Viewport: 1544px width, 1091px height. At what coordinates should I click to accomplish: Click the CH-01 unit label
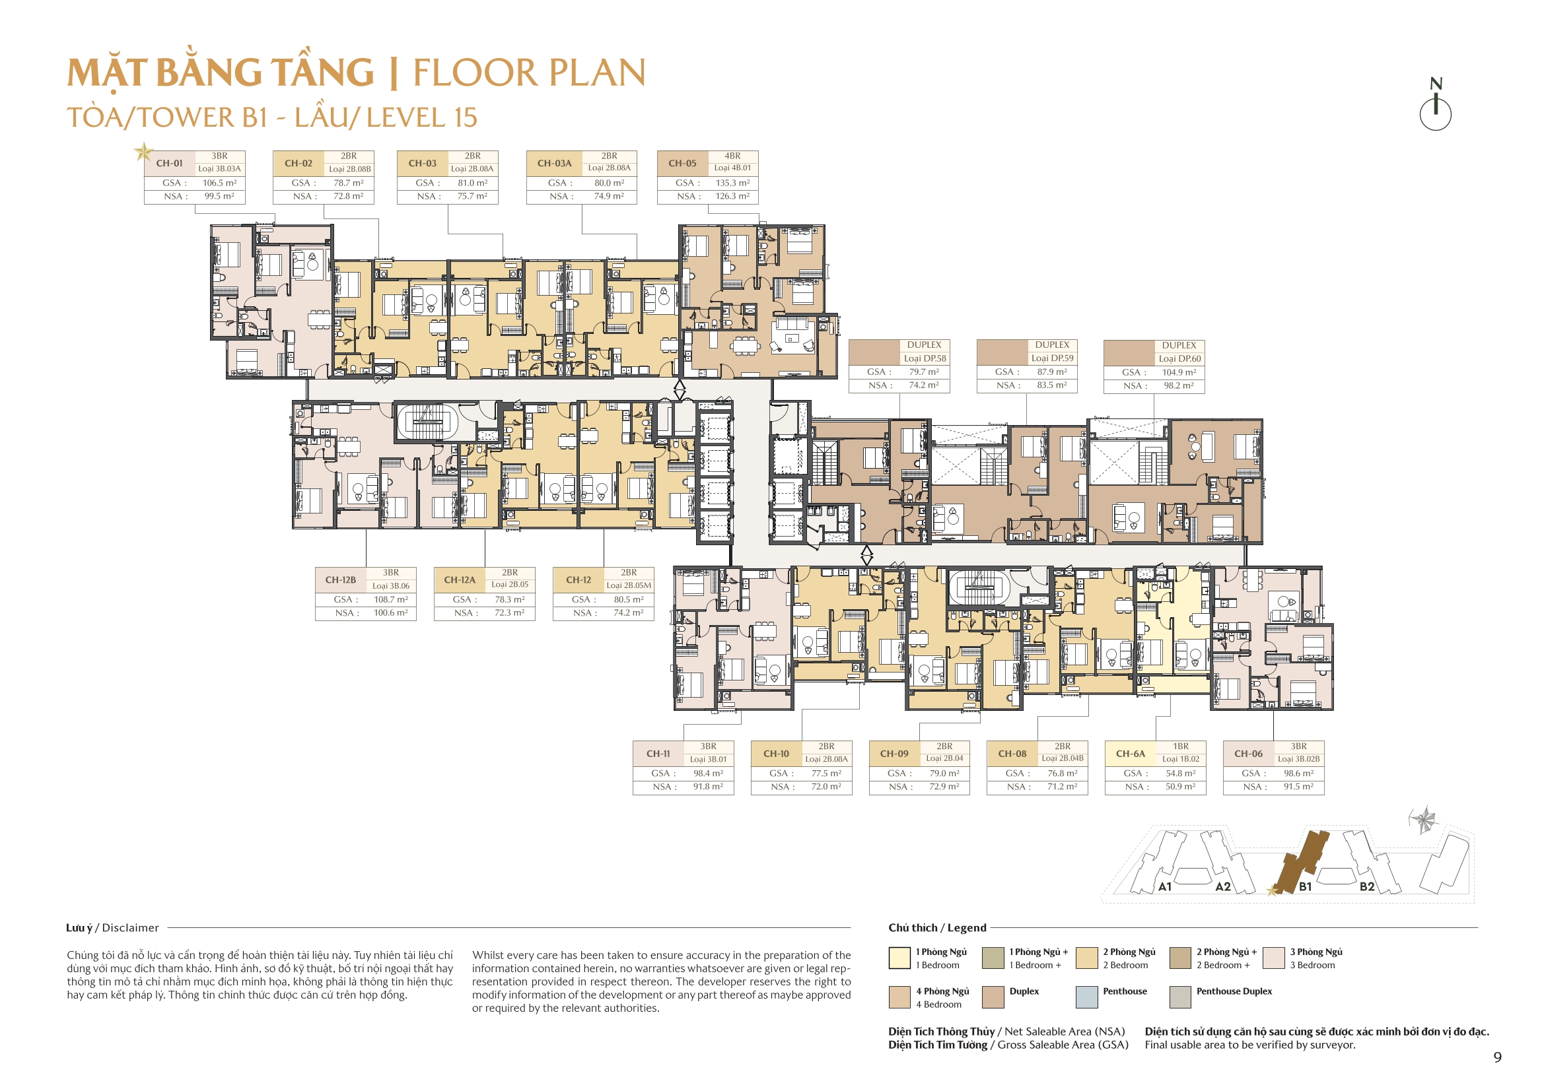169,162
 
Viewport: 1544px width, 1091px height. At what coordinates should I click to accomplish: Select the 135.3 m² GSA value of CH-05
732,183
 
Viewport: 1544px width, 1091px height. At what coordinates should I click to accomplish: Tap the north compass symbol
1435,107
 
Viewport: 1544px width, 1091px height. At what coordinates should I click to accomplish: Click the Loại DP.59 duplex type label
1053,358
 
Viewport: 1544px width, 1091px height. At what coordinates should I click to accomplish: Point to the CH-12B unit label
340,579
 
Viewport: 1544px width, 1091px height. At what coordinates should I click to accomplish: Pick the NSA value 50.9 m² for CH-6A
1180,787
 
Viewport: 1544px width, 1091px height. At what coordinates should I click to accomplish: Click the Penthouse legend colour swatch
1087,997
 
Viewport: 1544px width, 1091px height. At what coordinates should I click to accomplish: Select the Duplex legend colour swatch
993,997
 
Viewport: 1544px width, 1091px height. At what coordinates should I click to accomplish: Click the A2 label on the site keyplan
1222,886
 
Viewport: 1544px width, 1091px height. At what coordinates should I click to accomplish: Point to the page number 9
1497,1057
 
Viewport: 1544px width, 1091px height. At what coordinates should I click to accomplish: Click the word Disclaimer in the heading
131,928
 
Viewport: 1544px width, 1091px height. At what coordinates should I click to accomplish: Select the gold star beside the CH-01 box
143,151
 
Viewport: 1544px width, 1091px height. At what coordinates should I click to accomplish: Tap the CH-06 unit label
1248,754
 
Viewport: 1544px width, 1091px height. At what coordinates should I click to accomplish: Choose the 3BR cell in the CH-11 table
708,746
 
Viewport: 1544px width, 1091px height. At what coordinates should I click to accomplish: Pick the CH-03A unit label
554,162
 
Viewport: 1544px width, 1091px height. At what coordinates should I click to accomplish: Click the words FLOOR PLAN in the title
528,73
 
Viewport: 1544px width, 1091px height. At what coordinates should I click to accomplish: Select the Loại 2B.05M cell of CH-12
629,585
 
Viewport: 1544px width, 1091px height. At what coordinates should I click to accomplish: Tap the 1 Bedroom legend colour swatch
899,958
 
